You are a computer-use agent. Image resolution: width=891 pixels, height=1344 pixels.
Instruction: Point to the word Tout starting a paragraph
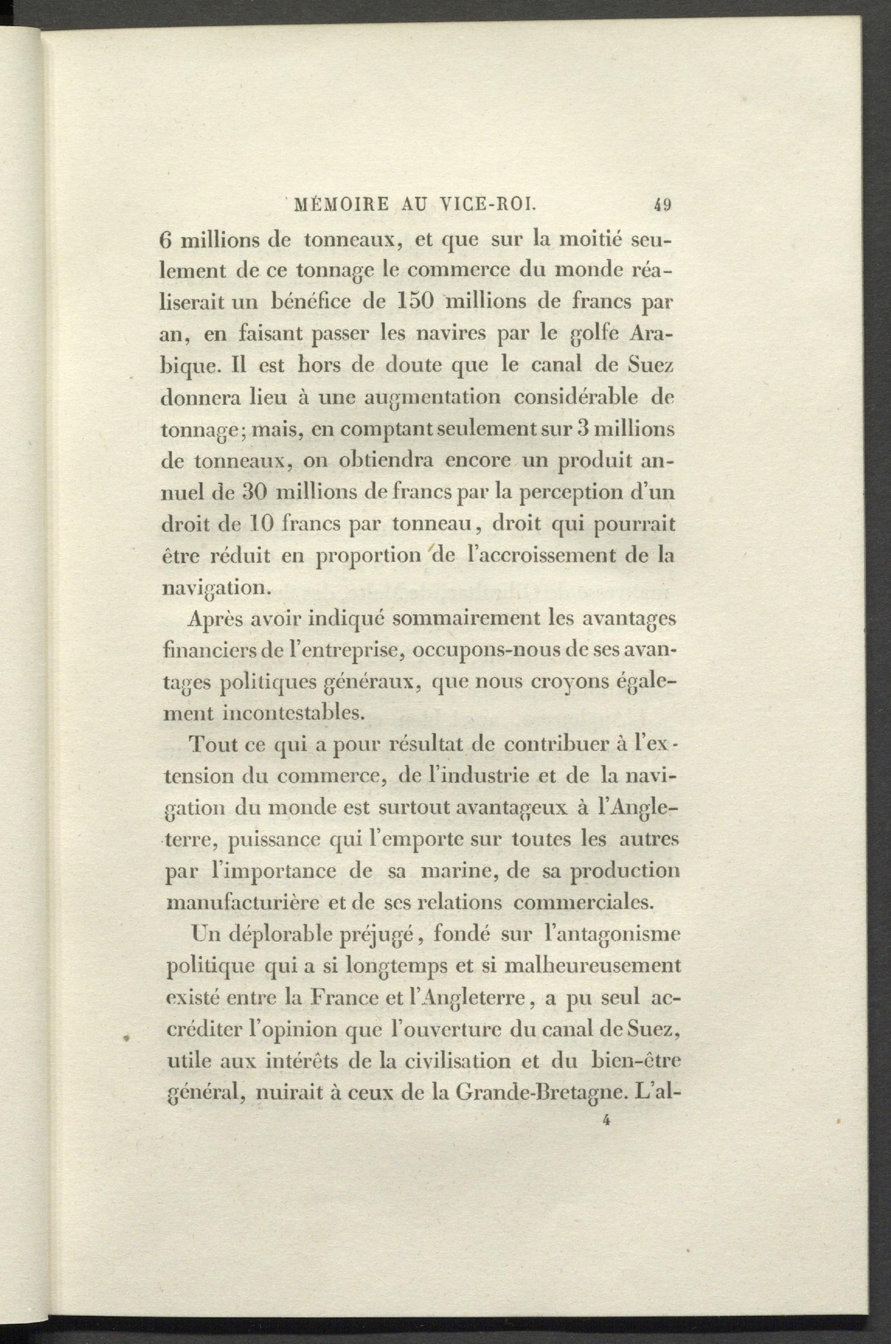pos(213,746)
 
